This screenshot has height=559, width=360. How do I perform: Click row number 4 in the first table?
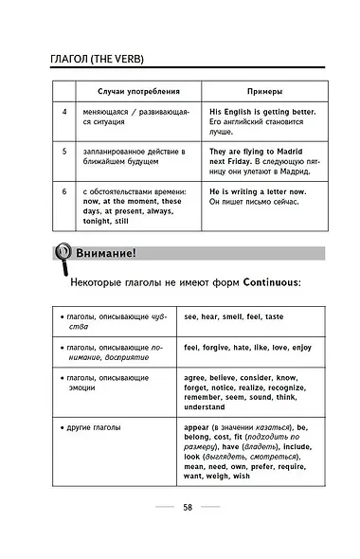64,112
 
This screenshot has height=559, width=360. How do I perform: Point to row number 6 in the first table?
64,190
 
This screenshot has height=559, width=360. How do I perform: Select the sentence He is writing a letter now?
258,190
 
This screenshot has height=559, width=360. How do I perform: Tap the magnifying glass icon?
61,254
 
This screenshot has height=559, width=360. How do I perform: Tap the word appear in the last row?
199,427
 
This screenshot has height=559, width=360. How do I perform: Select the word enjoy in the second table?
297,347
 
